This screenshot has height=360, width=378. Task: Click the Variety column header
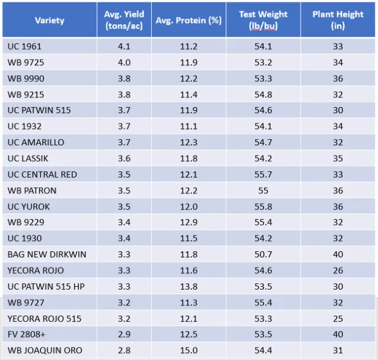coord(50,21)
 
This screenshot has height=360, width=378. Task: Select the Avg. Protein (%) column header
coord(188,21)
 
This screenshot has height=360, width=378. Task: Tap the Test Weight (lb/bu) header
coord(263,21)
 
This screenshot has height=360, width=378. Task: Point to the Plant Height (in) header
coord(337,21)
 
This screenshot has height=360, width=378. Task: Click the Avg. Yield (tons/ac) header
coord(124,21)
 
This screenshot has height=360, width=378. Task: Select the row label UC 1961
coord(25,46)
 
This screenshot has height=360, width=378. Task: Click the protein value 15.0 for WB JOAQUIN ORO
coord(188,351)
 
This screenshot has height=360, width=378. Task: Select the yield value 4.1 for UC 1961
coord(124,46)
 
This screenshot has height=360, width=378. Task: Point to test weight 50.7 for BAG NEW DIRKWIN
coord(263,254)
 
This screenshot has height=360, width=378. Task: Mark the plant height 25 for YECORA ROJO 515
coord(337,319)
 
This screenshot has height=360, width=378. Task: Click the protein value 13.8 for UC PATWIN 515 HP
coord(188,286)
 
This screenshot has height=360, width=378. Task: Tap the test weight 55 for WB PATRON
coord(263,191)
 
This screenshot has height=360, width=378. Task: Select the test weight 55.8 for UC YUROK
coord(263,207)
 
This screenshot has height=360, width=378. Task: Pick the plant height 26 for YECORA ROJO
coord(337,270)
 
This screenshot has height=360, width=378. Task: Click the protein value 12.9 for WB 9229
coord(188,222)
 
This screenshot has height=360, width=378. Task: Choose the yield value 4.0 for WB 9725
coord(124,62)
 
